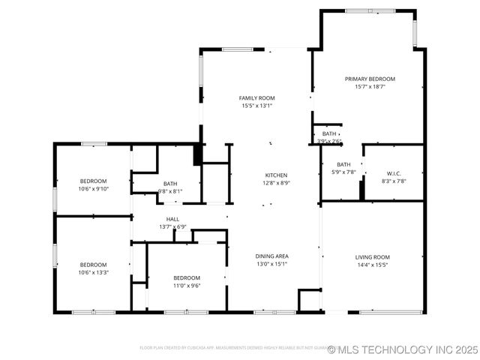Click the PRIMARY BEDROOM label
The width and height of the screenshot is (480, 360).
370,79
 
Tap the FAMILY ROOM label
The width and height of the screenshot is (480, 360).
256,98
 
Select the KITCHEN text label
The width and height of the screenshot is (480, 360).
275,175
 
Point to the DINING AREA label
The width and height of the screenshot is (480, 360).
273,256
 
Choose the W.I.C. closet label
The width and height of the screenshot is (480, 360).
394,173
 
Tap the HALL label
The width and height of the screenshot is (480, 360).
172,219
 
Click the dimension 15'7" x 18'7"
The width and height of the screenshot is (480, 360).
370,87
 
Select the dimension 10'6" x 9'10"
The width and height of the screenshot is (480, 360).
94,189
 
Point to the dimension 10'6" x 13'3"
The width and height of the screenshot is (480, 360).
94,273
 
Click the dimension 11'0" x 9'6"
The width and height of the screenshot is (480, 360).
187,285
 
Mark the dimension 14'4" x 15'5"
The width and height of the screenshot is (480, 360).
373,265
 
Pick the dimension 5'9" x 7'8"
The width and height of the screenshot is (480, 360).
343,172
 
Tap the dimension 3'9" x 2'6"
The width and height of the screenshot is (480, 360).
329,141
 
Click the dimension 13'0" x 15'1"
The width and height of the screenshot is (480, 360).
273,264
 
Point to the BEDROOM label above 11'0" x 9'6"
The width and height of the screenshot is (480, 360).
187,277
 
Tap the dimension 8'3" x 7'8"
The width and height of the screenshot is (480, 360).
394,181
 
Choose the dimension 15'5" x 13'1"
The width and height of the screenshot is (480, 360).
256,106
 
